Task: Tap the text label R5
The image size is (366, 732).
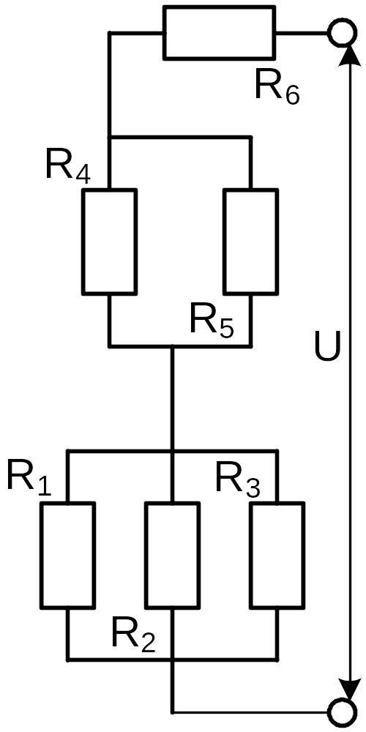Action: (212, 320)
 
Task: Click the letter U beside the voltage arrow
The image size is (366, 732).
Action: (327, 347)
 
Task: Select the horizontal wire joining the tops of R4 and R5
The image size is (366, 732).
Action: (180, 138)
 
